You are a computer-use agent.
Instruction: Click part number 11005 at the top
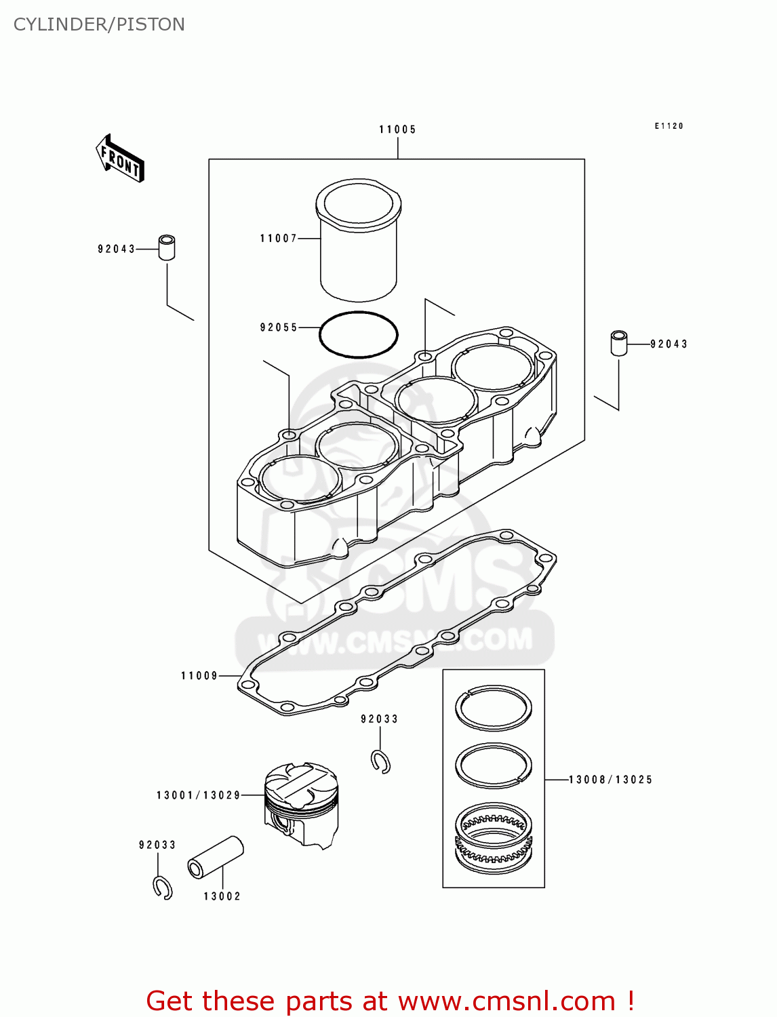pyautogui.click(x=397, y=129)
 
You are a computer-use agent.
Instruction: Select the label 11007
pyautogui.click(x=279, y=239)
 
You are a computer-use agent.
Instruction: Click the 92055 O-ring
pyautogui.click(x=358, y=334)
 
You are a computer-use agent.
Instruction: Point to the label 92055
pyautogui.click(x=279, y=327)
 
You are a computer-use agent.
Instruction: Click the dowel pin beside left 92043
pyautogui.click(x=167, y=247)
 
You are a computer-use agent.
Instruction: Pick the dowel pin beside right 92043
pyautogui.click(x=618, y=343)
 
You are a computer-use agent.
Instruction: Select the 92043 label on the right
pyautogui.click(x=669, y=344)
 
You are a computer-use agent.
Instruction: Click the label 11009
pyautogui.click(x=199, y=676)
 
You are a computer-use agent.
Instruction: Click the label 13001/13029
pyautogui.click(x=199, y=795)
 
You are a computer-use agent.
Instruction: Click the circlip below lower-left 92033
pyautogui.click(x=163, y=888)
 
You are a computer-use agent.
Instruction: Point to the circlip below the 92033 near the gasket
pyautogui.click(x=381, y=762)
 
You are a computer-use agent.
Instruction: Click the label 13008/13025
pyautogui.click(x=610, y=780)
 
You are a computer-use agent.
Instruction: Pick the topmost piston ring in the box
pyautogui.click(x=493, y=708)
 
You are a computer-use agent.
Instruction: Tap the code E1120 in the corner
pyautogui.click(x=669, y=126)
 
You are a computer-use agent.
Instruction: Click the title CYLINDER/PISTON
pyautogui.click(x=99, y=24)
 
